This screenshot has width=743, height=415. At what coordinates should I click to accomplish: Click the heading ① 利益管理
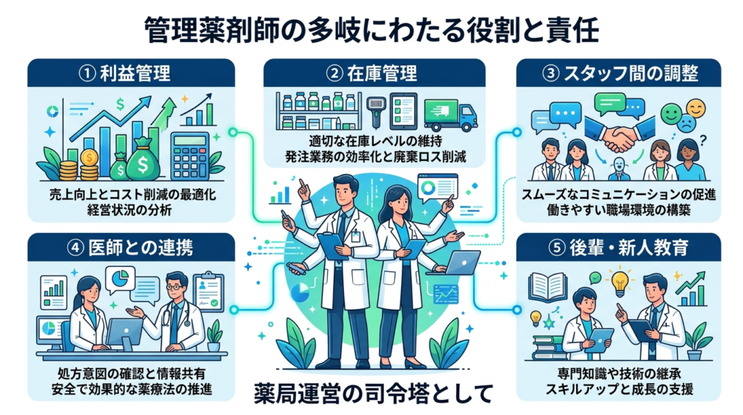coord(130,73)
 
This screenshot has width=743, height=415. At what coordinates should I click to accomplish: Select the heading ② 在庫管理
coord(371,73)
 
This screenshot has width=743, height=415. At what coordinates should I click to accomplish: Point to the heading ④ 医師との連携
coord(129,247)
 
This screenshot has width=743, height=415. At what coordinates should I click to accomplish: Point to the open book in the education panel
coord(548,287)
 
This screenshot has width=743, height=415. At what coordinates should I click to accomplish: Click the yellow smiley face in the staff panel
coord(695,108)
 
